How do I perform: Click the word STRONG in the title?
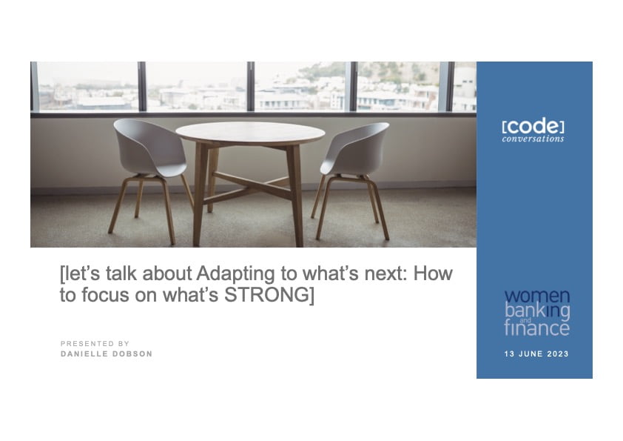click(x=267, y=295)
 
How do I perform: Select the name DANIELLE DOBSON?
click(x=107, y=354)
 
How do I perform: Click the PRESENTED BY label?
click(x=95, y=343)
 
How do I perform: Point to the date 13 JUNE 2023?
click(x=536, y=354)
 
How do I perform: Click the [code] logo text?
click(x=533, y=127)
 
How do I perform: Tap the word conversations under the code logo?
click(x=533, y=139)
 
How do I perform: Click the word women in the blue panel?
click(x=536, y=296)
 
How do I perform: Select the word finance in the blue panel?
click(x=536, y=328)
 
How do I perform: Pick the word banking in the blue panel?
click(x=537, y=311)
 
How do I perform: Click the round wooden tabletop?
click(x=250, y=133)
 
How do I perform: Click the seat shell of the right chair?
click(x=354, y=148)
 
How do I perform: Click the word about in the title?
click(x=167, y=273)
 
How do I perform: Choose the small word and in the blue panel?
click(x=525, y=321)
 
